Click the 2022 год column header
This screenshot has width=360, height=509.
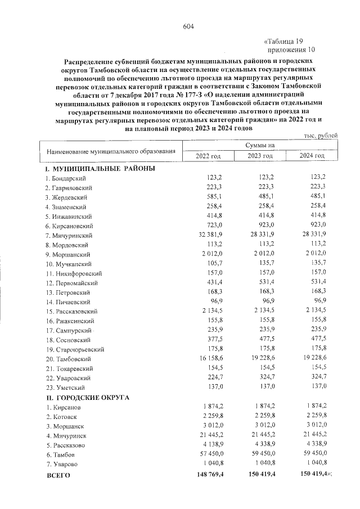pos(208,155)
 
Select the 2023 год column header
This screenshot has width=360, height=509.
pos(260,155)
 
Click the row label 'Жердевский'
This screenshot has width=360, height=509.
pos(69,197)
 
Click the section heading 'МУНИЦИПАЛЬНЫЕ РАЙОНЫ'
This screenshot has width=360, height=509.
pos(100,168)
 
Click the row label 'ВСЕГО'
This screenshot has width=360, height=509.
pos(58,476)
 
